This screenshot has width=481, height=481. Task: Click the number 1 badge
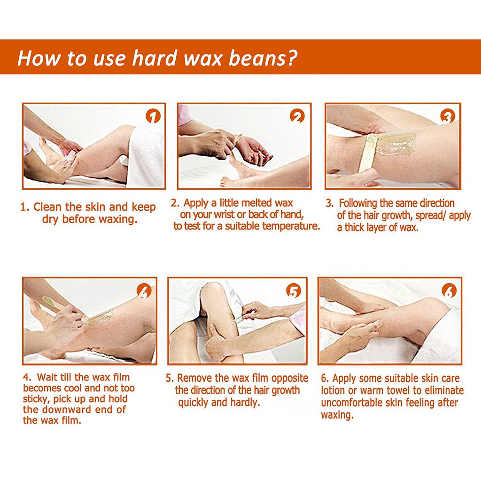pos(153,116)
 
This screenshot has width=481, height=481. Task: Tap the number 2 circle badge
pos(297,116)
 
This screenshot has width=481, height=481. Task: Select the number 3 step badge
pos(448,116)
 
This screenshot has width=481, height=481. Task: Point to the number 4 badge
pos(144,290)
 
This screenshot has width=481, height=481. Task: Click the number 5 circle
pos(294,290)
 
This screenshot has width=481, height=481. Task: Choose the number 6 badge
pos(449,290)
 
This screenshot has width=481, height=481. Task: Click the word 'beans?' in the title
pos(263,58)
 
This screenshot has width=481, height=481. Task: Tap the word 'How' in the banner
pos(38,58)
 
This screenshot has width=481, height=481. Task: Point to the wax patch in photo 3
pos(396,144)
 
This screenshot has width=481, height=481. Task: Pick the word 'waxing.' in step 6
pos(337,415)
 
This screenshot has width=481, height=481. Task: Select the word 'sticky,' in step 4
pos(37,399)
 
